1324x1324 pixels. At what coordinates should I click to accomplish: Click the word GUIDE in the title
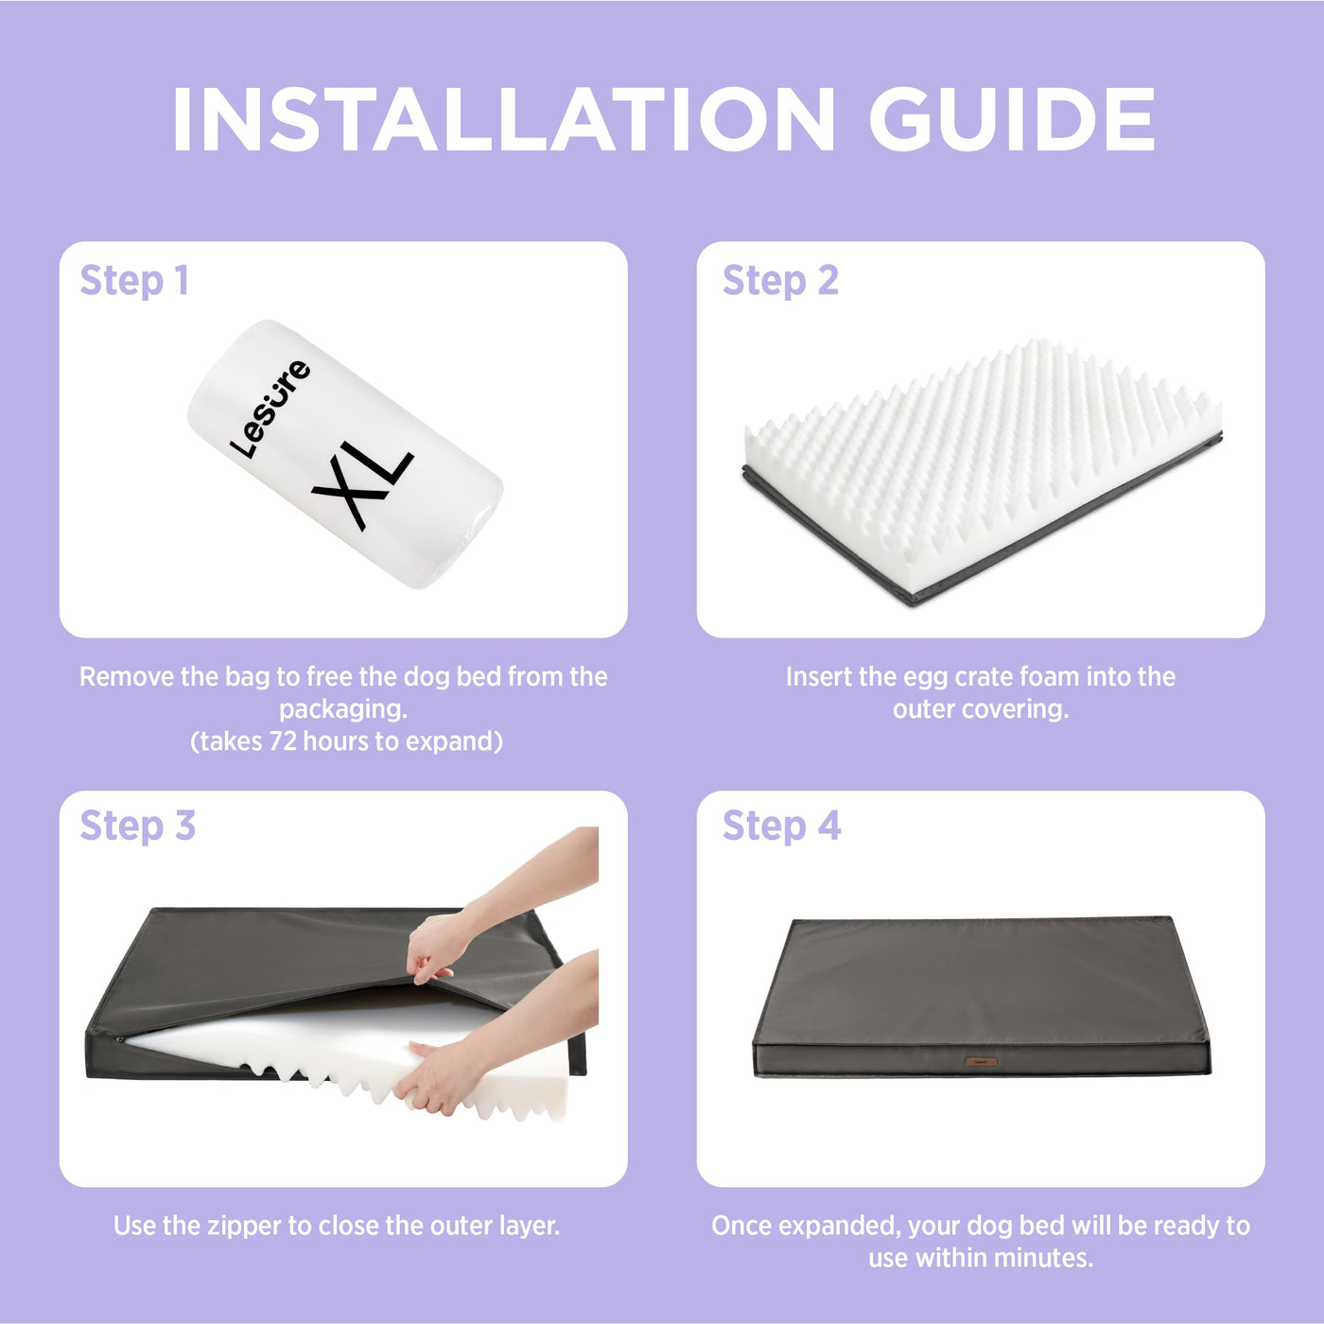coord(1012,119)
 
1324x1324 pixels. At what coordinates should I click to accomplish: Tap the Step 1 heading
coord(134,281)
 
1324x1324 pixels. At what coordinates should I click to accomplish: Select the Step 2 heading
coord(780,281)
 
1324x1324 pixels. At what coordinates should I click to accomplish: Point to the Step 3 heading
coord(138,826)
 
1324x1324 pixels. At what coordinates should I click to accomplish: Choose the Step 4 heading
coord(782,826)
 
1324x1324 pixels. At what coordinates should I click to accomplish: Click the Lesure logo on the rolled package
coord(270,409)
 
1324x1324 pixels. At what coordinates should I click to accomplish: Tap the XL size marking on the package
coord(362,484)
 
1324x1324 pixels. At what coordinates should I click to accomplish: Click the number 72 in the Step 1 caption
coord(284,741)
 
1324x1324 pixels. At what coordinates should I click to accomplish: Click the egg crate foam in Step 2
coord(983,467)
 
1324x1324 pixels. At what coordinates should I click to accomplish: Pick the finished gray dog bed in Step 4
coord(982,997)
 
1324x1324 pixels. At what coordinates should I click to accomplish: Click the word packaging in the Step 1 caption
coord(343,709)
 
